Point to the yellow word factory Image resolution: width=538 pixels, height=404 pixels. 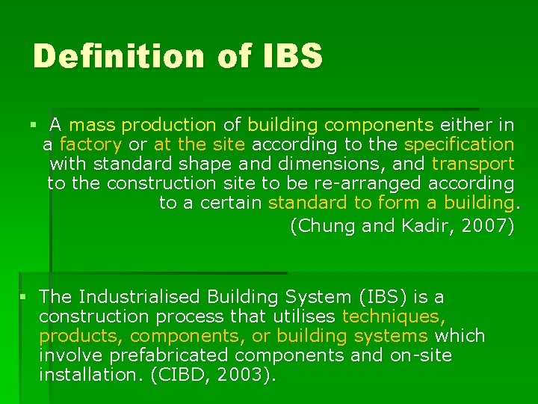[x=90, y=144]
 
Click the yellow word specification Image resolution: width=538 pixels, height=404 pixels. [x=459, y=144]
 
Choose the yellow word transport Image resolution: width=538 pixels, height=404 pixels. [x=473, y=163]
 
